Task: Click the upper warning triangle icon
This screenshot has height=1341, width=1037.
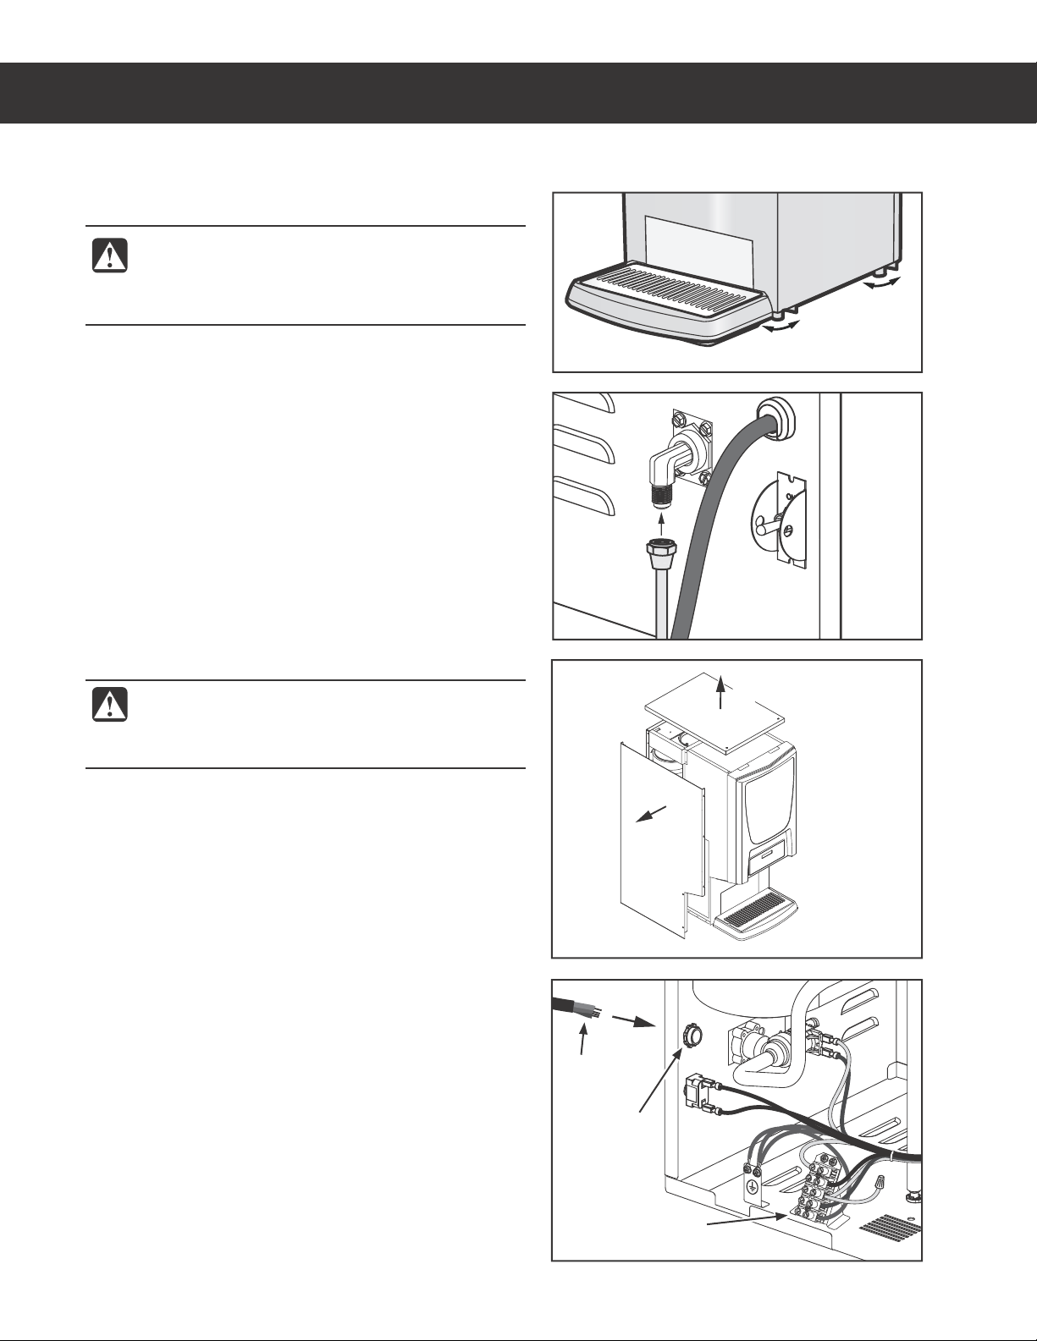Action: pos(109,256)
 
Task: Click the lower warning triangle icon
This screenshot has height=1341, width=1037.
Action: pos(109,706)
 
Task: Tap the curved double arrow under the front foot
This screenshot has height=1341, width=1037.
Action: pos(781,332)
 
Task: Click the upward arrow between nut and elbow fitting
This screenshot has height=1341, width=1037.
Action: pos(660,526)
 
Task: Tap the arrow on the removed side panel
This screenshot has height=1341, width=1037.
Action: pos(652,813)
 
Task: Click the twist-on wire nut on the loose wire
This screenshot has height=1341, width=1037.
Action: pos(881,1182)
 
